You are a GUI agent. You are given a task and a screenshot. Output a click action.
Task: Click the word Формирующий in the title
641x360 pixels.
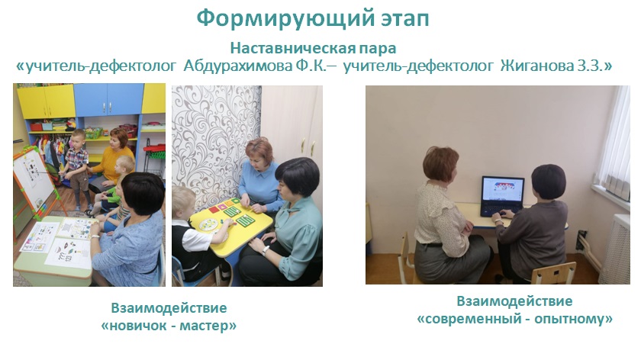pyautogui.click(x=285, y=19)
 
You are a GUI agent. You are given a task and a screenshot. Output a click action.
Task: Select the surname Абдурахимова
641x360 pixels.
pyautogui.click(x=238, y=66)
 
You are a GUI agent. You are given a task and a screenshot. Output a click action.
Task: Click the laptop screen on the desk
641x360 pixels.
pyautogui.click(x=503, y=190)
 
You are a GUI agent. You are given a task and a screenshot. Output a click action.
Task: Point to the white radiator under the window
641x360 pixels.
pyautogui.click(x=615, y=249)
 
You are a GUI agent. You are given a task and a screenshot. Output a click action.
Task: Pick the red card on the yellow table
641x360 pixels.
pyautogui.click(x=214, y=209)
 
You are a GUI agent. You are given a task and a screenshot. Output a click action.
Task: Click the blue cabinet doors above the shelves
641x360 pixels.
pyautogui.click(x=108, y=100)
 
